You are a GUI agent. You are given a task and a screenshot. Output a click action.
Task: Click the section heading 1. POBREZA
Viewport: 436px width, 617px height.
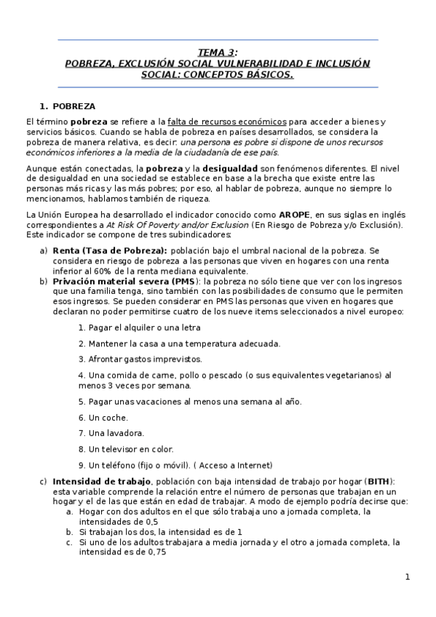[x=68, y=106]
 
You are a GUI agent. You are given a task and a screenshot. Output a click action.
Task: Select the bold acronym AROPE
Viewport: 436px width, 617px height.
[x=296, y=215]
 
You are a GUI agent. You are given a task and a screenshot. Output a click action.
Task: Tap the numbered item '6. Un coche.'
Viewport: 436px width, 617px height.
[x=103, y=418]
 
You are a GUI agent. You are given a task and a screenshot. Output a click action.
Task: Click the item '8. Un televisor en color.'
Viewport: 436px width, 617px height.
[x=126, y=449]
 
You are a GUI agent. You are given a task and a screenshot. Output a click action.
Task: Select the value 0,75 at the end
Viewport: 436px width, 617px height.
[x=154, y=552]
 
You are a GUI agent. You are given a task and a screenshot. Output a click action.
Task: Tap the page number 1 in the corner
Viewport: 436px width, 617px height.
[x=408, y=577]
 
